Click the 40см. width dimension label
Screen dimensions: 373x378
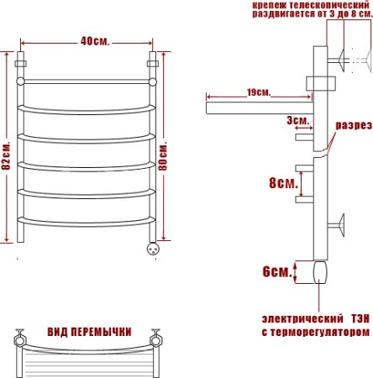(x=95, y=42)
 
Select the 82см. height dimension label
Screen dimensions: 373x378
(x=6, y=155)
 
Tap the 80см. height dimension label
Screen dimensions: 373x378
(x=163, y=155)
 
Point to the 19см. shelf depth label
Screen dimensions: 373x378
(x=259, y=92)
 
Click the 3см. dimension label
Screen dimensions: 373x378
(x=298, y=121)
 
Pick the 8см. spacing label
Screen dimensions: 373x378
(x=283, y=183)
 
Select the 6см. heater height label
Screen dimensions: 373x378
(x=277, y=271)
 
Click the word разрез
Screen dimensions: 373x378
(x=354, y=125)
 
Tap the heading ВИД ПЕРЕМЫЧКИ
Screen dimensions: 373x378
(x=89, y=332)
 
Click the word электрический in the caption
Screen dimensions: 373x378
(x=302, y=319)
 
